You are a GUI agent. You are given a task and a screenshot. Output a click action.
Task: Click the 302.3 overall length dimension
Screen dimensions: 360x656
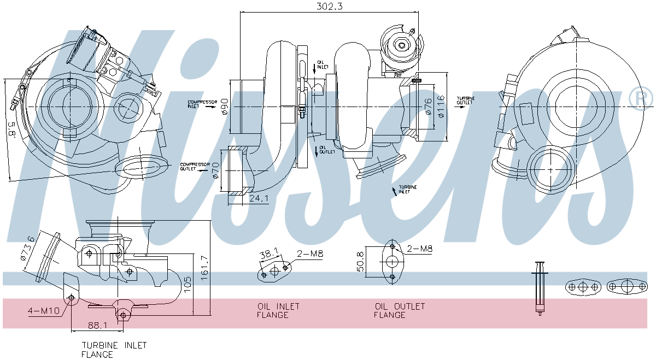point(330,6)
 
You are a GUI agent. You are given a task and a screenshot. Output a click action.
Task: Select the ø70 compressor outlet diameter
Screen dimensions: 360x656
point(215,171)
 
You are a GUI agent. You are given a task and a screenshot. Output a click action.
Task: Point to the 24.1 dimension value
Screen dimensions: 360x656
point(259,199)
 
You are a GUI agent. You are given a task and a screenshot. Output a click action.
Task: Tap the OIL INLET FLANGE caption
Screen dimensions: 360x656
point(278,310)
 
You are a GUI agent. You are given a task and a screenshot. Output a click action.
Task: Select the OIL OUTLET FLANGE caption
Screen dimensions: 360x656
point(400,310)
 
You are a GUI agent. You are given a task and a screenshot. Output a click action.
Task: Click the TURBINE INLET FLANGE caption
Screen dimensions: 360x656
point(114,350)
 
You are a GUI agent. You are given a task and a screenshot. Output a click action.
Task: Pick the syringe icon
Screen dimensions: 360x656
point(540,287)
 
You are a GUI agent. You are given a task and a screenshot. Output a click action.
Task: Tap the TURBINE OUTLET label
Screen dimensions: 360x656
point(465,100)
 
